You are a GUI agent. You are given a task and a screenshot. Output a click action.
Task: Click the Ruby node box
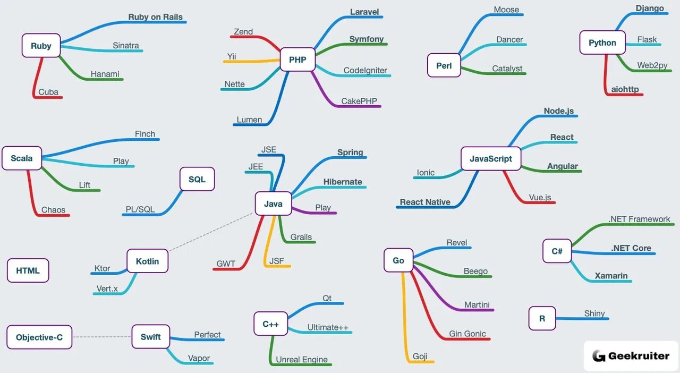[41, 46]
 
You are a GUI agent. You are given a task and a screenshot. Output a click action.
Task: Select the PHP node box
[297, 60]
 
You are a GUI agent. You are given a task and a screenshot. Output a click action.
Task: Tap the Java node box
[273, 204]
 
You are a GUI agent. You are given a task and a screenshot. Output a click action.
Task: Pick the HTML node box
[28, 270]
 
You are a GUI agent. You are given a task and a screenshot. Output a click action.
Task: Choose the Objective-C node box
[39, 337]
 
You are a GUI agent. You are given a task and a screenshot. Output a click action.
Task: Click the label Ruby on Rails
[155, 17]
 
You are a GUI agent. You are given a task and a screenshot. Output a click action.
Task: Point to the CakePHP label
[359, 101]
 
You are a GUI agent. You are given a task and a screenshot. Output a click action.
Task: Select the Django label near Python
[650, 9]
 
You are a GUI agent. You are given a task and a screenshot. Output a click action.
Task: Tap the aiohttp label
[625, 89]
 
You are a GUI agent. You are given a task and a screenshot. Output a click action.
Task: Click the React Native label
[425, 202]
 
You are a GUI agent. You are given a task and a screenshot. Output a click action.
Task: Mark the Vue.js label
[540, 198]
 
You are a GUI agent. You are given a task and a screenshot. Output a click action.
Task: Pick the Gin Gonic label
[467, 334]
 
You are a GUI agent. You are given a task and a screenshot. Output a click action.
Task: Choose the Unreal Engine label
[302, 360]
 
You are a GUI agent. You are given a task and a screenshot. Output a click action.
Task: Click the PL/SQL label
[140, 209]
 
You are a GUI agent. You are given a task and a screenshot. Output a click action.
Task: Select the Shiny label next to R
[594, 313]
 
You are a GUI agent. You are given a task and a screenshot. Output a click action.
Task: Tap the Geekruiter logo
[631, 356]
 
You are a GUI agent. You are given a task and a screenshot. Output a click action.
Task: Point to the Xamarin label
[611, 276]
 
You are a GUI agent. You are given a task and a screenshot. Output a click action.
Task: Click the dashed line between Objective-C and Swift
[101, 337]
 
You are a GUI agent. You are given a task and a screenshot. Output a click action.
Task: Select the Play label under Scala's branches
[121, 161]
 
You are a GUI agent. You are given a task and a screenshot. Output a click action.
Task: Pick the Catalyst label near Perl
[507, 69]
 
